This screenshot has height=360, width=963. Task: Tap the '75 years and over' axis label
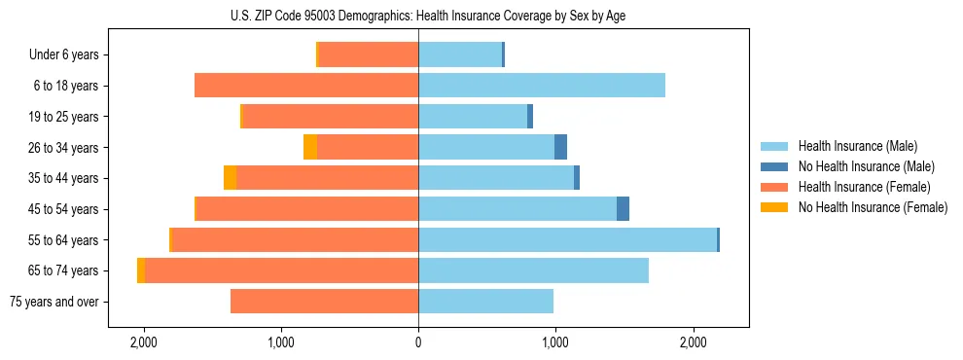[x=53, y=302]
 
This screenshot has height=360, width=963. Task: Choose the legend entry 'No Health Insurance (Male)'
[x=866, y=166]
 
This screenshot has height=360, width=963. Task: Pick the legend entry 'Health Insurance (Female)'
[x=864, y=187]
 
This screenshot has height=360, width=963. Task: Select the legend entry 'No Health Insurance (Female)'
[x=873, y=207]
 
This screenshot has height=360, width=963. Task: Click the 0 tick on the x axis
[x=418, y=342]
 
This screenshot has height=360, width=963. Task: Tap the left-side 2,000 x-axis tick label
[x=144, y=342]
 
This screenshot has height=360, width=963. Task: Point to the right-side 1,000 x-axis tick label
[x=555, y=342]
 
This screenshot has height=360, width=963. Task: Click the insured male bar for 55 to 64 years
[x=567, y=239]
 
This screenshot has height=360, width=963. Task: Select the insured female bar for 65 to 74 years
[x=281, y=270]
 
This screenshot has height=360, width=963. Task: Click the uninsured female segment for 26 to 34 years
[x=310, y=147]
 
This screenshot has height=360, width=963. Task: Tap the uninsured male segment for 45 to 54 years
[x=623, y=209]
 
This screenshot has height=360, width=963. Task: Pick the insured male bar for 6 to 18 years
[x=542, y=86]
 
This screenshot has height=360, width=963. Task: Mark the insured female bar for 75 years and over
[x=324, y=302]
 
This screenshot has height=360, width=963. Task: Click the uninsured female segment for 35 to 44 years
[x=230, y=178]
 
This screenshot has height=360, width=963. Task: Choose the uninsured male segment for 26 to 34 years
[x=560, y=147]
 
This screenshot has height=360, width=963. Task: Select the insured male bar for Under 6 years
[x=460, y=54]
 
